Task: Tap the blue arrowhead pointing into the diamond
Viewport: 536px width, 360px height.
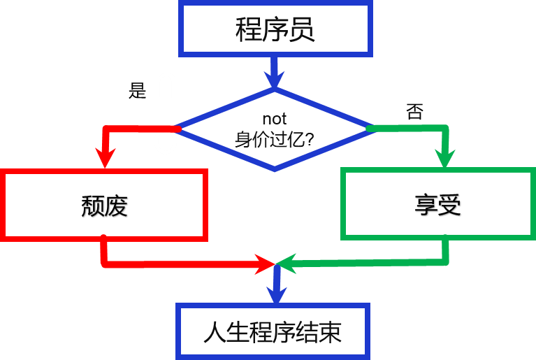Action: [x=275, y=79]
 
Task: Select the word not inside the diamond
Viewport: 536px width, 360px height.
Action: [x=275, y=119]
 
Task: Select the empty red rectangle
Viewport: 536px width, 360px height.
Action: [x=105, y=205]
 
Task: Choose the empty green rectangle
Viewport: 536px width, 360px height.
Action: [x=438, y=203]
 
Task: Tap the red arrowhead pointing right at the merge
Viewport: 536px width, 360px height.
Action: [x=265, y=264]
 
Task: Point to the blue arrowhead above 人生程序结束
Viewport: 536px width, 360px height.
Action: [x=277, y=294]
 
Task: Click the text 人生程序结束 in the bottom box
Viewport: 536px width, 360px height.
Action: [x=273, y=332]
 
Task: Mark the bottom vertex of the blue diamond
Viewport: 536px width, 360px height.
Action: [x=275, y=168]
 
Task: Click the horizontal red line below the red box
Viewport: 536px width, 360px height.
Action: [x=182, y=264]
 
